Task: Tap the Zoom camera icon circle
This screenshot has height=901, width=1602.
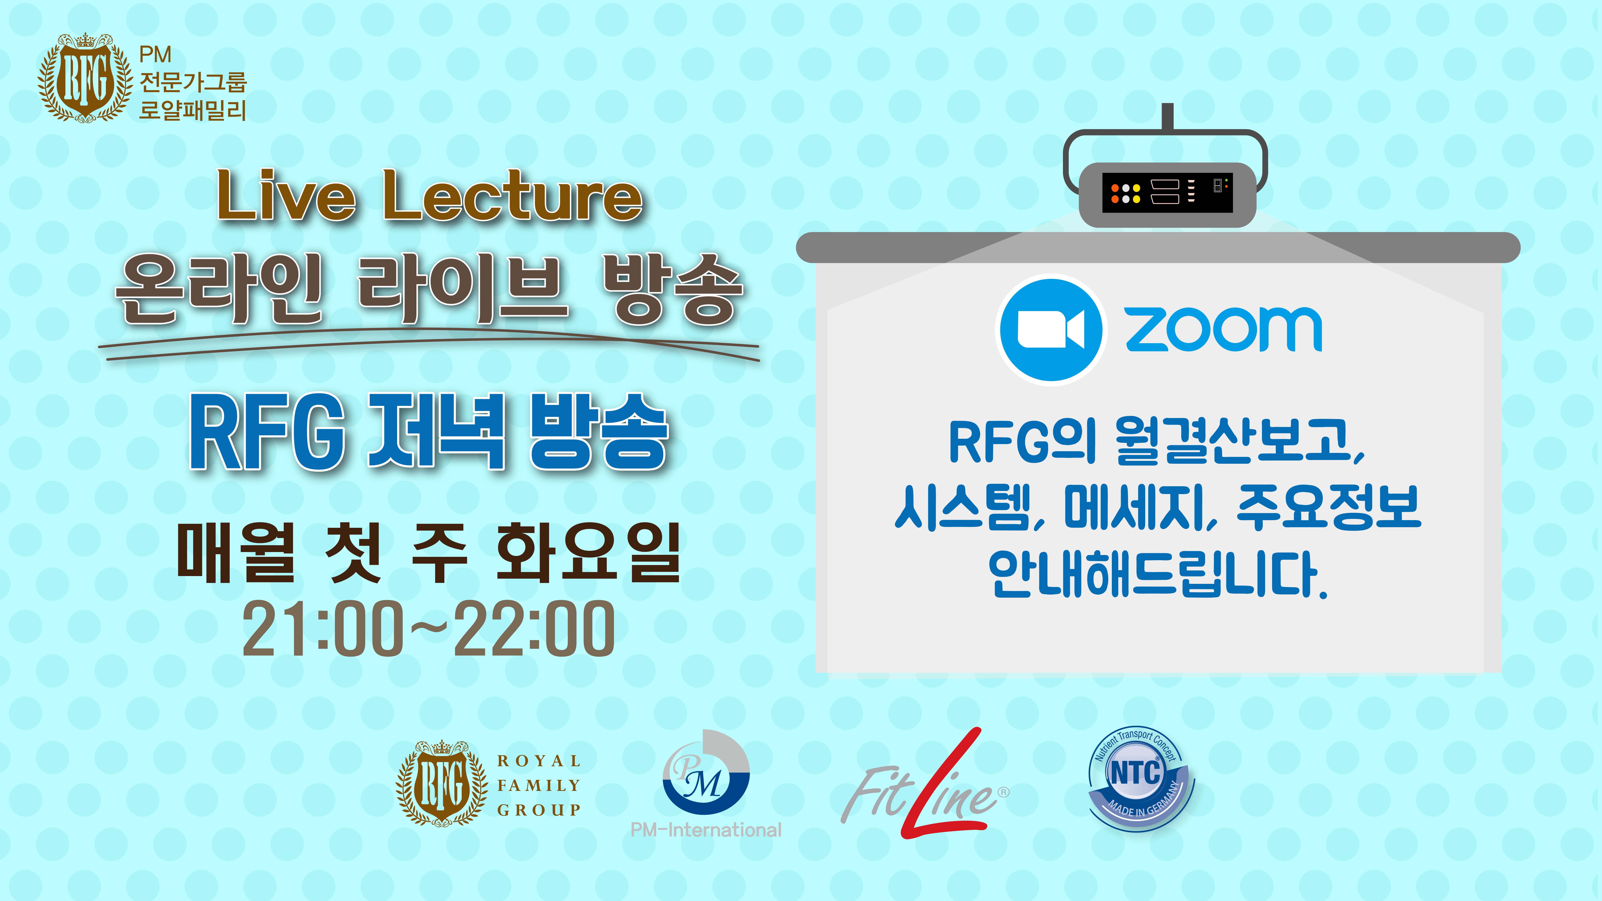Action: tap(1051, 330)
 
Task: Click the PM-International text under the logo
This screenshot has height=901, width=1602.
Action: tap(706, 830)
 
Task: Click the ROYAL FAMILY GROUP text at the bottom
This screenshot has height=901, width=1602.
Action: tap(538, 785)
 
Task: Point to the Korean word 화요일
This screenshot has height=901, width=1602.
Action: tap(588, 553)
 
